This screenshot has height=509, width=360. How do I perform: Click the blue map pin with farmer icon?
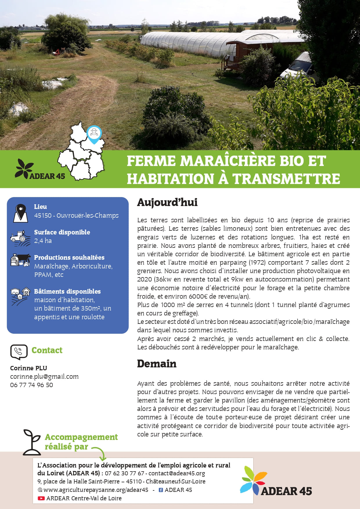click(94, 134)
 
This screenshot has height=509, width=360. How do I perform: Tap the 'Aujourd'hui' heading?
click(167, 202)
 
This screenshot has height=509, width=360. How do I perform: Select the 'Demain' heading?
click(157, 364)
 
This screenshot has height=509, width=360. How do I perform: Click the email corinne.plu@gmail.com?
click(44, 376)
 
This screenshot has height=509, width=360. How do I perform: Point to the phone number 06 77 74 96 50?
click(32, 385)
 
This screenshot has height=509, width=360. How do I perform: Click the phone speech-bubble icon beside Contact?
click(19, 352)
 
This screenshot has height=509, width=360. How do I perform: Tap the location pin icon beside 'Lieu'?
click(21, 213)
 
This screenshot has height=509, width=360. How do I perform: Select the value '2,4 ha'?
click(43, 241)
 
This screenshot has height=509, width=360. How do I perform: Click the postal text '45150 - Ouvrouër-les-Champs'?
click(76, 215)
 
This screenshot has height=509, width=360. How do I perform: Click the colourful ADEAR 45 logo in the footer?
click(276, 481)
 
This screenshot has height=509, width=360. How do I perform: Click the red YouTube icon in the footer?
click(41, 498)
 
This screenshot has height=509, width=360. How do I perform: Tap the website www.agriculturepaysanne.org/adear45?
click(96, 490)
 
